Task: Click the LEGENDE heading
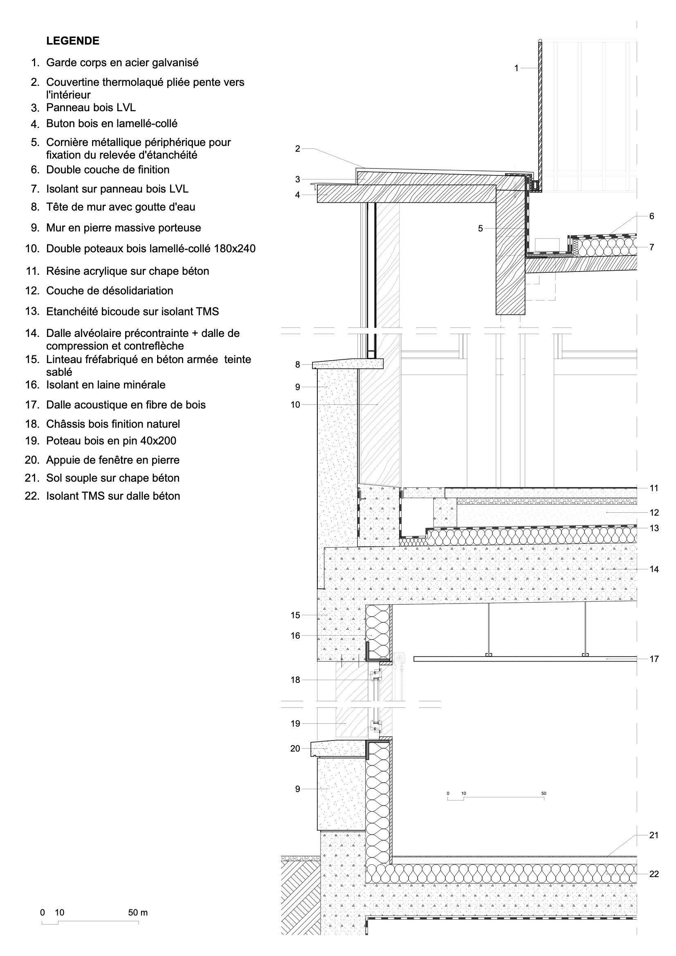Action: [x=73, y=41]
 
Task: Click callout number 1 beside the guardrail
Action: [x=517, y=68]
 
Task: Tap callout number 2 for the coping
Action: [x=297, y=149]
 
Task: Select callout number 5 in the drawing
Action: [x=480, y=229]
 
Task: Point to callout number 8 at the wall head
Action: [x=297, y=365]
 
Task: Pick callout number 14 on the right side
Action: [x=654, y=569]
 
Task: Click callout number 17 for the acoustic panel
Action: [x=654, y=659]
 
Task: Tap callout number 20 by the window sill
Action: [x=295, y=749]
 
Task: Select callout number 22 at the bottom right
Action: [x=654, y=874]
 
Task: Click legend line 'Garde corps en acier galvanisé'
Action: [x=122, y=63]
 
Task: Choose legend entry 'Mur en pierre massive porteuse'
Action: [x=123, y=228]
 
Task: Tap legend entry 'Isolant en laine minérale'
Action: [x=106, y=385]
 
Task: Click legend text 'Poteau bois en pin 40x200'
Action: [x=111, y=440]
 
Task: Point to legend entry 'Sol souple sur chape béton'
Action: [x=112, y=478]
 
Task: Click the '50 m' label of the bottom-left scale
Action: [x=138, y=913]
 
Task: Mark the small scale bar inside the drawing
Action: [x=496, y=799]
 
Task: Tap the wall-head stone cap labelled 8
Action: [x=348, y=364]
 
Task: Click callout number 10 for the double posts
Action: [x=295, y=405]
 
